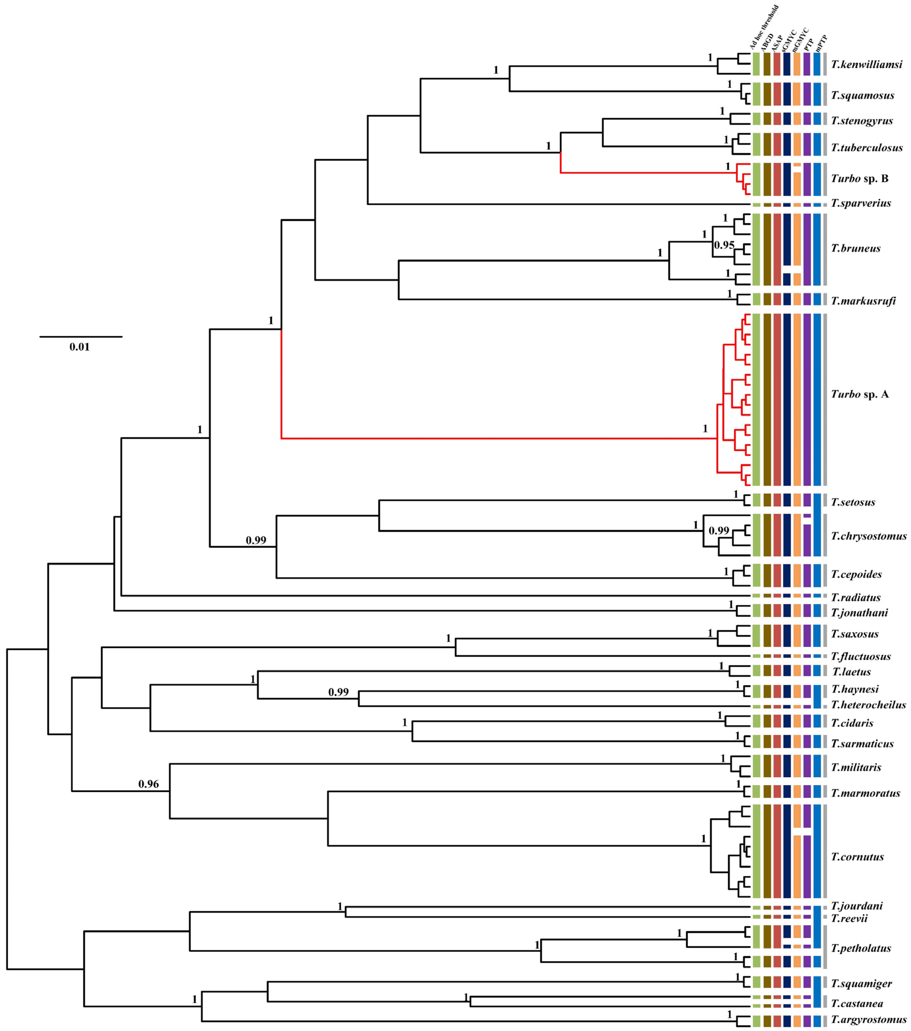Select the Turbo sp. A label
tap(859, 394)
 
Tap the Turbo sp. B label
tap(859, 179)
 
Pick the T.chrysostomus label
tap(869, 536)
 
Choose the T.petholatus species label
tap(861, 948)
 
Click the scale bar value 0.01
tap(80, 347)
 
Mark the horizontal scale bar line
tap(81, 336)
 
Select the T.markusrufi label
tap(863, 301)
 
